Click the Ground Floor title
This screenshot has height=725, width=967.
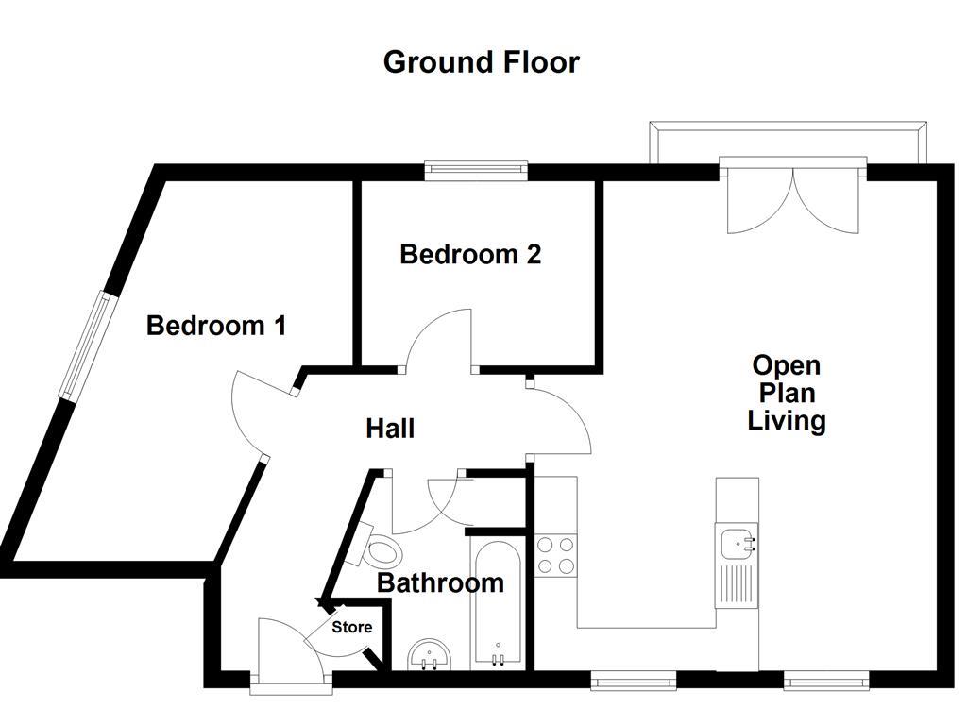[x=481, y=62]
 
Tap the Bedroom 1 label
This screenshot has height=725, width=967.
[x=216, y=326]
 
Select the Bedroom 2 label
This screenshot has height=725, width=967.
[x=470, y=255]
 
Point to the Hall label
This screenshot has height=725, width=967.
[x=390, y=429]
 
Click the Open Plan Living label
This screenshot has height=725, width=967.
[x=786, y=393]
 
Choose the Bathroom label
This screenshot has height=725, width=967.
[x=440, y=582]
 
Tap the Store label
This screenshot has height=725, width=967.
[x=351, y=627]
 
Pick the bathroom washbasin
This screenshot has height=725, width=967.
[x=433, y=655]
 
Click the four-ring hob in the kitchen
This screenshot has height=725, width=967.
[x=556, y=555]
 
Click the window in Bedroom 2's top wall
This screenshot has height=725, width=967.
[x=475, y=170]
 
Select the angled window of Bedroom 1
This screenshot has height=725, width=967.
[x=86, y=346]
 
